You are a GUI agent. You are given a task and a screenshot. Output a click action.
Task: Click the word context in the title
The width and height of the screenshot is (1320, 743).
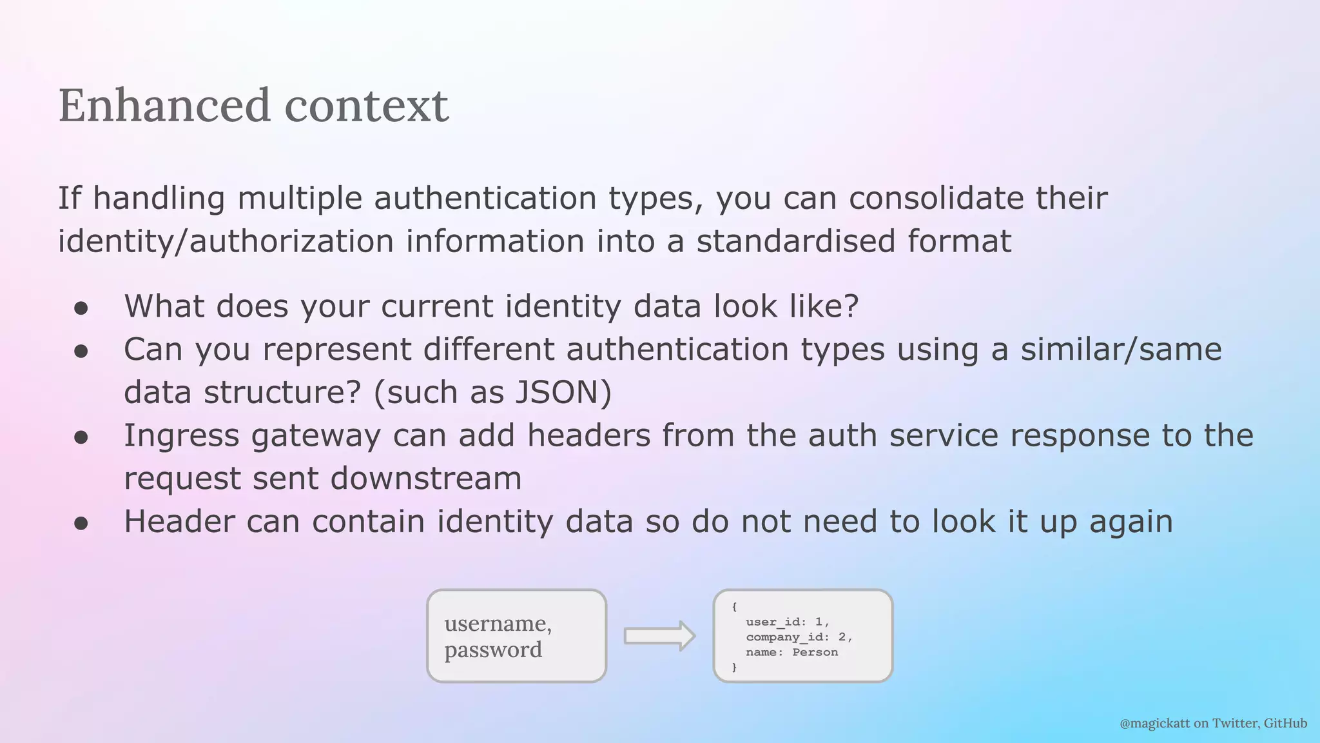tap(366, 105)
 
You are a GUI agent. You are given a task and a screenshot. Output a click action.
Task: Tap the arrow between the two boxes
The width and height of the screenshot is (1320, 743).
tap(659, 636)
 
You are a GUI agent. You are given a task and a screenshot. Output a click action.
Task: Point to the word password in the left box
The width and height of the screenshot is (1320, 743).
tap(493, 649)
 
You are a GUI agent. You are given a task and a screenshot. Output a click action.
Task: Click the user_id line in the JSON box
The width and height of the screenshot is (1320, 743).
tap(787, 622)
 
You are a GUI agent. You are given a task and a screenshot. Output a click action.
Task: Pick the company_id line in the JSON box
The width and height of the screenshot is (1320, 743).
tap(799, 637)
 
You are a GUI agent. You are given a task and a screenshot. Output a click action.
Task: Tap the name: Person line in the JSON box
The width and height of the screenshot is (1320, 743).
tap(791, 652)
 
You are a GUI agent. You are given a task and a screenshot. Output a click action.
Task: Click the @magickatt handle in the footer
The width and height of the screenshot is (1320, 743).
tap(1154, 723)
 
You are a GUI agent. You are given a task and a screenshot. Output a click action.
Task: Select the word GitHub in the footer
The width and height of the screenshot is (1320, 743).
tap(1285, 723)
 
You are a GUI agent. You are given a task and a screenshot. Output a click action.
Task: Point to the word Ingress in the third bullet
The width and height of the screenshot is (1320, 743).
tap(181, 436)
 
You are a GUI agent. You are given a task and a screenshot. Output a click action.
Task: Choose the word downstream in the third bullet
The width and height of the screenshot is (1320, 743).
tap(425, 479)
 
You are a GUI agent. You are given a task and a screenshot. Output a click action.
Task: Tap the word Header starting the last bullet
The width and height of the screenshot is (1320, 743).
tap(179, 521)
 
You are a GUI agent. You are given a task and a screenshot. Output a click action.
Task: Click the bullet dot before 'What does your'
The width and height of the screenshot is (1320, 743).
tap(81, 308)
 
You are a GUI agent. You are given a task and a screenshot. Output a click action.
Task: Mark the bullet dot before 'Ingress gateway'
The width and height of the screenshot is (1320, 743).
tap(81, 437)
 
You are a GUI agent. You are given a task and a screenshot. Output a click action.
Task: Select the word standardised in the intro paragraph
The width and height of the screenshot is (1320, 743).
tap(795, 241)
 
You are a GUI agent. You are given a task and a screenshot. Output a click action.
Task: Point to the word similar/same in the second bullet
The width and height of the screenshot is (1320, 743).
tap(1121, 350)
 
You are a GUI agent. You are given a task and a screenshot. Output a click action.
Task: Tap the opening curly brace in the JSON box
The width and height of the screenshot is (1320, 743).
tap(734, 607)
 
